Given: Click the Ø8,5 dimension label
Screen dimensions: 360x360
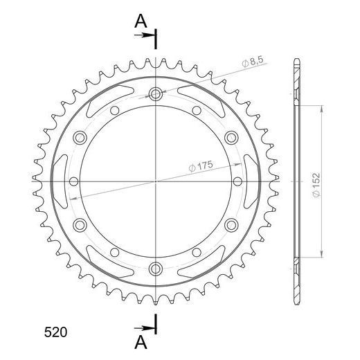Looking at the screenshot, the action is pyautogui.click(x=253, y=61).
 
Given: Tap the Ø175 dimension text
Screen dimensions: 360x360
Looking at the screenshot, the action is pyautogui.click(x=201, y=166).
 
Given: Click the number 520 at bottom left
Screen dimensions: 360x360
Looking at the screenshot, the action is pyautogui.click(x=55, y=332).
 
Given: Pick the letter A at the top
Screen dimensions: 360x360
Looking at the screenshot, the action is pyautogui.click(x=141, y=21).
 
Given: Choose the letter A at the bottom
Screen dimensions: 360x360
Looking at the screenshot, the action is pyautogui.click(x=141, y=342).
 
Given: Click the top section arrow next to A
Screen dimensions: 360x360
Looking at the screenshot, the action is pyautogui.click(x=144, y=35).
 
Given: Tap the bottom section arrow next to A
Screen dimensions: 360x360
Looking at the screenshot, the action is pyautogui.click(x=144, y=328).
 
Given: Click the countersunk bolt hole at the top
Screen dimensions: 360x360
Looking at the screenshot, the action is pyautogui.click(x=156, y=94).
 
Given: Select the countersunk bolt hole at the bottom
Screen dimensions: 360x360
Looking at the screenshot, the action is pyautogui.click(x=156, y=269).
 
